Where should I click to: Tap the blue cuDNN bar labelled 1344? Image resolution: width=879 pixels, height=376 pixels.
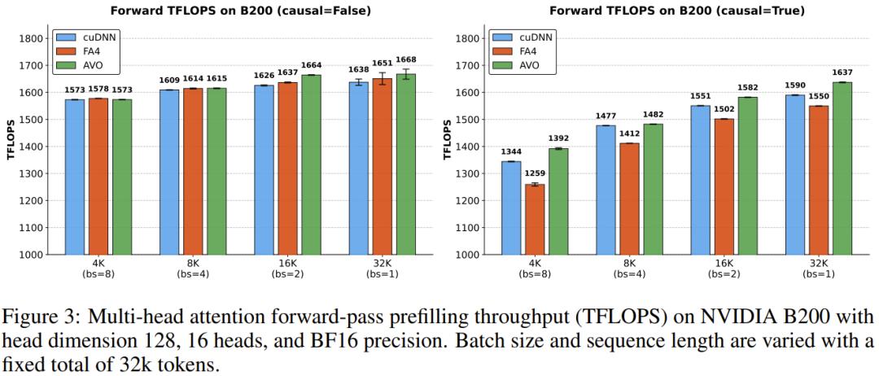[510, 208]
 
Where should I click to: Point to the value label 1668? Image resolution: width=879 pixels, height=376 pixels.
[405, 59]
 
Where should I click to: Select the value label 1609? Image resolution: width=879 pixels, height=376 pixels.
[169, 80]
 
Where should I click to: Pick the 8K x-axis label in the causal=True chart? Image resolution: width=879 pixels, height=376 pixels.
[629, 265]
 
